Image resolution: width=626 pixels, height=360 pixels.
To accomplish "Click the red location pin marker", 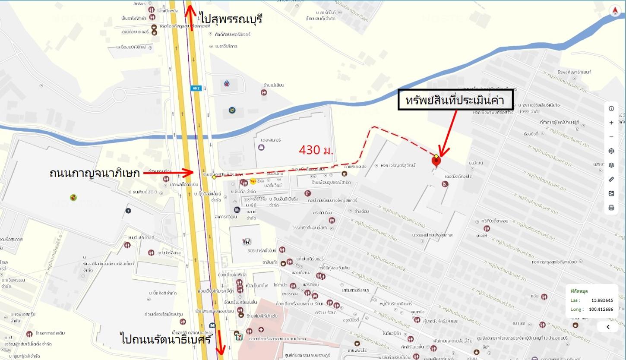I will pos(436,161).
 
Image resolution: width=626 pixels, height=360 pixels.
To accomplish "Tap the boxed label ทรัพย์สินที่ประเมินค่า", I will pos(455,100).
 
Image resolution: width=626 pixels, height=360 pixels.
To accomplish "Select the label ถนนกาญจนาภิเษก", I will pos(95,174).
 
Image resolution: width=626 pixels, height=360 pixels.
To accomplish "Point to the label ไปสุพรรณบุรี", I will pos(231,19).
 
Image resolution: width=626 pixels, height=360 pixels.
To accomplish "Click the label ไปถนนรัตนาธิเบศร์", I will pos(166,339).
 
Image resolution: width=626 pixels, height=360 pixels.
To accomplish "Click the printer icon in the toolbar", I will pos(611,208).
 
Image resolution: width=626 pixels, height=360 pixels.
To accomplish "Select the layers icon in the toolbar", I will pos(611,165).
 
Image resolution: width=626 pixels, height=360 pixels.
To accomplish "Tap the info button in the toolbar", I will pos(611,108).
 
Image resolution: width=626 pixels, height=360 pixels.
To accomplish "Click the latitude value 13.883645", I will pos(602,300).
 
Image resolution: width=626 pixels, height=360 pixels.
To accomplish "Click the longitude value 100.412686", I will pos(601,309).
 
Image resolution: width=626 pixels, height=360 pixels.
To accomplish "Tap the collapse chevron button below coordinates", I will pos(608,327).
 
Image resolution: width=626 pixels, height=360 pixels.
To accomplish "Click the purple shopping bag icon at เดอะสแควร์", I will pos(261,147).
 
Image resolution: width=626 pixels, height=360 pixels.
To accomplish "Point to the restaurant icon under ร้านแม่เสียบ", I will pos(263,92).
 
